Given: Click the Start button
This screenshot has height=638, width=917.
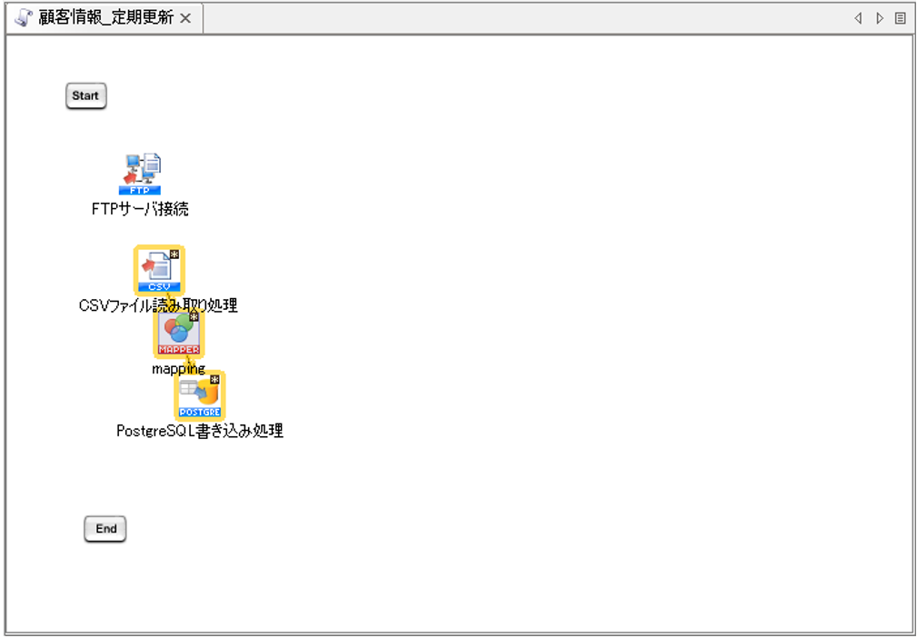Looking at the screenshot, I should click(85, 95).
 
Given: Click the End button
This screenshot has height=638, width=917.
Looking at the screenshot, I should click(105, 529).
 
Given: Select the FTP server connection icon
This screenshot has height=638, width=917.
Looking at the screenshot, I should click(141, 174).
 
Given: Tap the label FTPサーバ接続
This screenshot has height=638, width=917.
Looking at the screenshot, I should click(140, 209).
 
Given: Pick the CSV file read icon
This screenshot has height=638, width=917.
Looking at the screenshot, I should click(158, 269).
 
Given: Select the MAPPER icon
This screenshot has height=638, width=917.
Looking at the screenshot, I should click(178, 334).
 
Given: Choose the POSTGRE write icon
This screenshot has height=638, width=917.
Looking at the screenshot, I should click(199, 395).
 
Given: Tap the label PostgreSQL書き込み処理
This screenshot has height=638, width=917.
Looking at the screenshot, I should click(200, 431).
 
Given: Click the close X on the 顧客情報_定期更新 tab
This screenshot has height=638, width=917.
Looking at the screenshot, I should click(185, 18).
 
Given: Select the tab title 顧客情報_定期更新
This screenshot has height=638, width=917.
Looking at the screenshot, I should click(105, 18).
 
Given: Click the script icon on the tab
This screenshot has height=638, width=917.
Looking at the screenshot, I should click(25, 18).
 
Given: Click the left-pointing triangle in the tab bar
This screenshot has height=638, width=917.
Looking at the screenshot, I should click(858, 18).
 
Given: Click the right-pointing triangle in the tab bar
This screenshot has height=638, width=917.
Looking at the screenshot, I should click(879, 18).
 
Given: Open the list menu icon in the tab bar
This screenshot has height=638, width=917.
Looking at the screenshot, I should click(900, 18).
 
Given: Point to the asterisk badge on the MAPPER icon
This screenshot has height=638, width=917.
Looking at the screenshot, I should click(194, 317).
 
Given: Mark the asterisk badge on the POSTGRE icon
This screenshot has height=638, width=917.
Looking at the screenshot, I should click(214, 380).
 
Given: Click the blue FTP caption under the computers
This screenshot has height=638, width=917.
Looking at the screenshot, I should click(140, 191).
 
